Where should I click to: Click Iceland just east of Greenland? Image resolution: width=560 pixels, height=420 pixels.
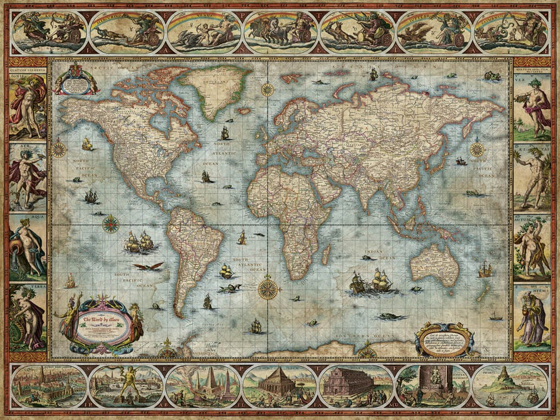click(243, 110)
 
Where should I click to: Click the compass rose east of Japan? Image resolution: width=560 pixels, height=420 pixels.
click(476, 150)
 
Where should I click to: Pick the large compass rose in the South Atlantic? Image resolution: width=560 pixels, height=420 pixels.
click(268, 288)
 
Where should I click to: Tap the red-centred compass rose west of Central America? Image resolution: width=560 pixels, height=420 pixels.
click(110, 223)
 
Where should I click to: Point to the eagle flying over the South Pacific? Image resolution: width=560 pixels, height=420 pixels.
click(148, 266)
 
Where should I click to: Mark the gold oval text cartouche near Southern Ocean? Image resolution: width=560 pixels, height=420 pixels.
click(444, 339)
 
